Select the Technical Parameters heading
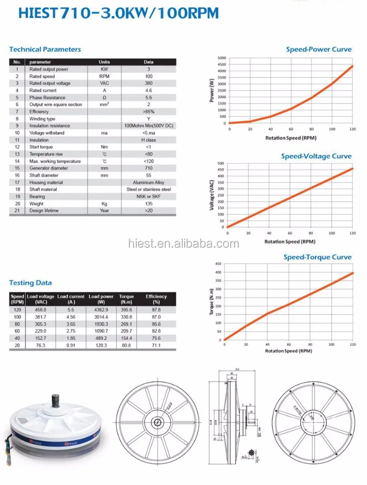pyautogui.click(x=45, y=49)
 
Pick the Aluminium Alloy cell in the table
pyautogui.click(x=149, y=182)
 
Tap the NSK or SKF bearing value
pyautogui.click(x=149, y=196)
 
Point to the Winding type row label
pyautogui.click(x=42, y=118)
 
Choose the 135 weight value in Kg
pyautogui.click(x=149, y=204)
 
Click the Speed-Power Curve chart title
pyautogui.click(x=319, y=49)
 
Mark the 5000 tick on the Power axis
pyautogui.click(x=221, y=58)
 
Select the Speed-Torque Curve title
pyautogui.click(x=318, y=257)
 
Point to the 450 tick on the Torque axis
pyautogui.click(x=218, y=264)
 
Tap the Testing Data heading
pyautogui.click(x=31, y=283)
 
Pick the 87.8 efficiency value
pyautogui.click(x=156, y=309)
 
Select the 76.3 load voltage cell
pyautogui.click(x=40, y=345)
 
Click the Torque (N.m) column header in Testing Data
pyautogui.click(x=127, y=299)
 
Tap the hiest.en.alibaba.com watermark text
pyautogui.click(x=184, y=244)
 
